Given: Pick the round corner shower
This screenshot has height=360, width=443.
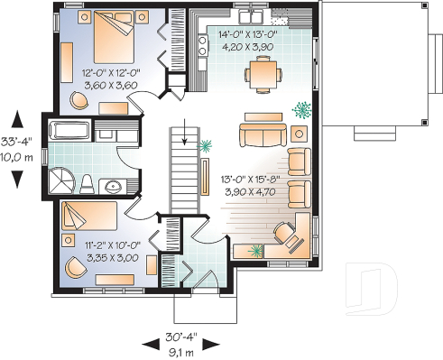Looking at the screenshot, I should (61, 177).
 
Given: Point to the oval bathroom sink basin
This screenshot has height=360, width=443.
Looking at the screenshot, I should (113, 187).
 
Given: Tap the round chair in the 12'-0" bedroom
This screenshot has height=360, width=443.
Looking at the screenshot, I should (79, 101).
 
